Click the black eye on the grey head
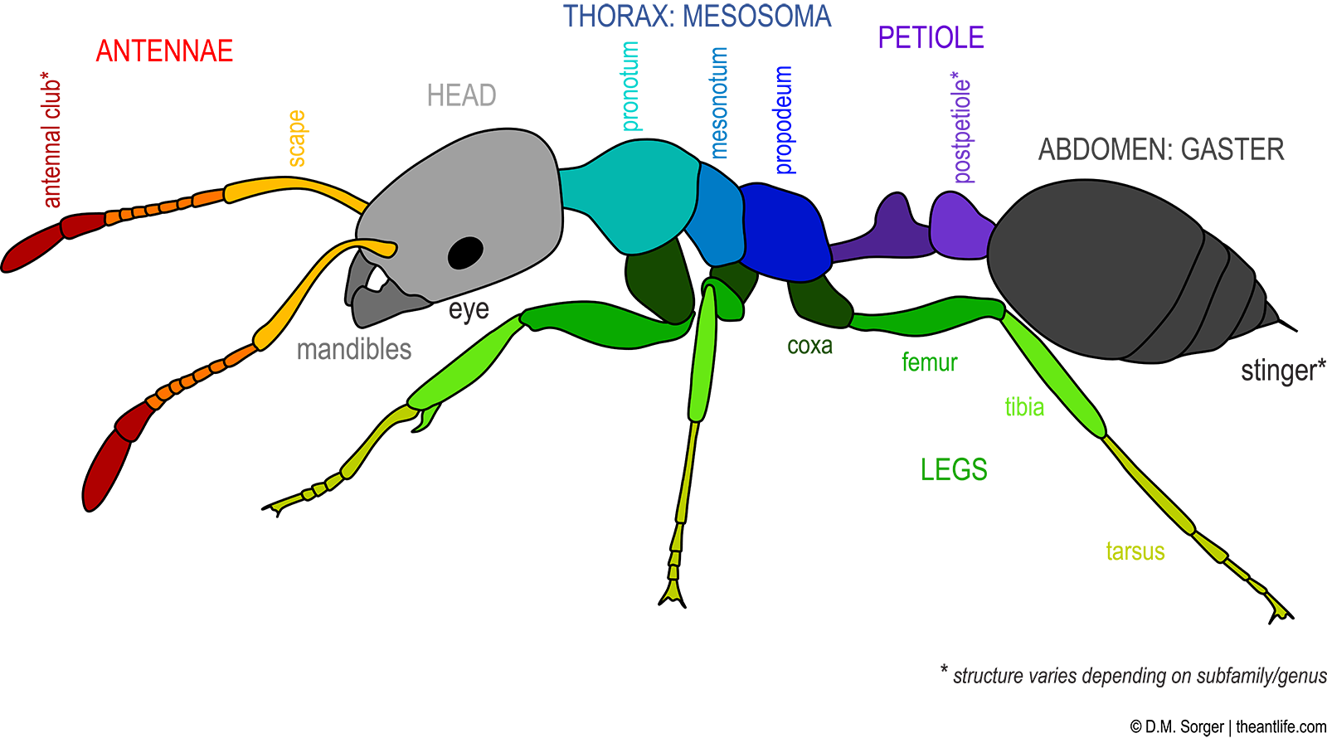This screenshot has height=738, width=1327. click(x=465, y=252)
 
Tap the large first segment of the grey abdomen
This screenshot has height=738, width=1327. click(x=1086, y=265)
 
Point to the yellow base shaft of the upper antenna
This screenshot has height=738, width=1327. click(x=290, y=186)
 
